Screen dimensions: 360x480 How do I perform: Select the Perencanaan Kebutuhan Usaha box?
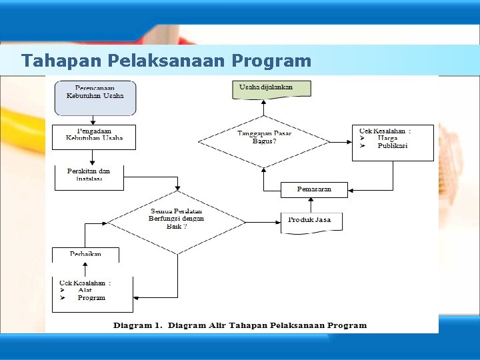click(95, 97)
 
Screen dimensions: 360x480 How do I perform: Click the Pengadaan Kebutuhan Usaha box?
click(94, 137)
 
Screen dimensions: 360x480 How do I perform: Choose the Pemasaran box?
click(314, 190)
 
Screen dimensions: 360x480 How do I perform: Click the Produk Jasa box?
click(310, 221)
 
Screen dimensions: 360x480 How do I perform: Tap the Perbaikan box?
click(85, 255)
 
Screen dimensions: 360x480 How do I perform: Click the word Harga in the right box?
click(387, 139)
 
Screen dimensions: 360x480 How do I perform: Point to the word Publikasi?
click(392, 146)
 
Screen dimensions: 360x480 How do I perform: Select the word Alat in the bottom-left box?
click(85, 290)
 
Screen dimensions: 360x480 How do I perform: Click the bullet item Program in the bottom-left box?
click(91, 298)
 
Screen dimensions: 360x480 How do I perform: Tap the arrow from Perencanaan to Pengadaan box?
click(94, 120)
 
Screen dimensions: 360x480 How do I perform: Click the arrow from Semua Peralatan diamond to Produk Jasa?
click(263, 221)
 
